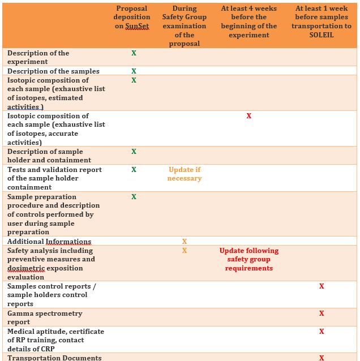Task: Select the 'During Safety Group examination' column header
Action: click(185, 26)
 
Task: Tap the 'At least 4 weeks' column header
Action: click(249, 22)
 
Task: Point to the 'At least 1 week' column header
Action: click(321, 22)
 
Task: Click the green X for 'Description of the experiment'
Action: click(134, 53)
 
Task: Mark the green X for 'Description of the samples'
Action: click(134, 71)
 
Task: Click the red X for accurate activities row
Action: click(249, 116)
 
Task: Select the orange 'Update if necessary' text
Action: click(185, 174)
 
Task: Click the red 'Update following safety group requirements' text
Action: click(249, 259)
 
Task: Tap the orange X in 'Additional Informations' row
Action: click(185, 242)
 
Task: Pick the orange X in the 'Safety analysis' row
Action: click(185, 251)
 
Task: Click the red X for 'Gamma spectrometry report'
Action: click(322, 313)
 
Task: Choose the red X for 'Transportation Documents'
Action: click(322, 358)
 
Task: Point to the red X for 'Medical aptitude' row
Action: click(322, 332)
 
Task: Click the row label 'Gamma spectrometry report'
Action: click(45, 317)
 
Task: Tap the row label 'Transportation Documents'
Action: click(54, 358)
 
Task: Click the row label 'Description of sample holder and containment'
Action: click(45, 156)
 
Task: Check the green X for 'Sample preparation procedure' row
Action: click(134, 197)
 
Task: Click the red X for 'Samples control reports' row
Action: click(322, 286)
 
